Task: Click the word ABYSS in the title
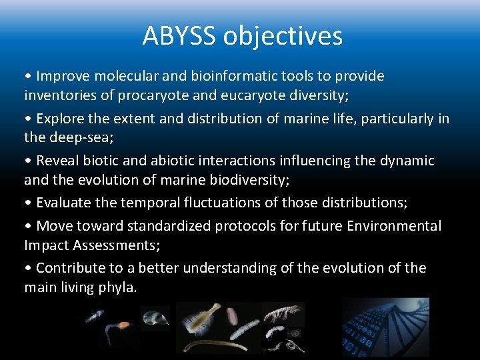point(179,35)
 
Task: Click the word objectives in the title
point(283,37)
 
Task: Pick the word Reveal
point(57,161)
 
